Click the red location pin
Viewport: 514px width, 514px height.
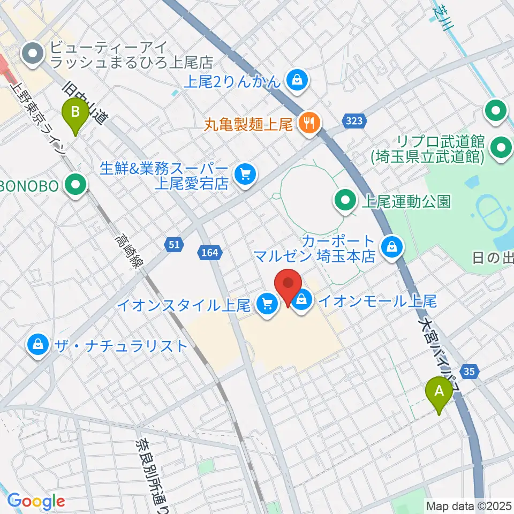tap(288, 285)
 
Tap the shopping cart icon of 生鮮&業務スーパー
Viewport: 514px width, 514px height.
tap(246, 173)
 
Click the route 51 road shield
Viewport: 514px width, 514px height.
tap(173, 245)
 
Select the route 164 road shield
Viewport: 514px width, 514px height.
tap(209, 252)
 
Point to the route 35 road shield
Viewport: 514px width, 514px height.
tap(470, 371)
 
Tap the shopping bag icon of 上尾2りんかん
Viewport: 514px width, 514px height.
tap(296, 81)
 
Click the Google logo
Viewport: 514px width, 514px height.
tap(35, 501)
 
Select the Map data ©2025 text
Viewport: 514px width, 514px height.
tap(469, 505)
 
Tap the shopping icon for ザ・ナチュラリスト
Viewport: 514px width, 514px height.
tap(39, 344)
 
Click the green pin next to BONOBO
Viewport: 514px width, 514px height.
tap(76, 186)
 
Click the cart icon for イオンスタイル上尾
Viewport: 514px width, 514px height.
tap(266, 305)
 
